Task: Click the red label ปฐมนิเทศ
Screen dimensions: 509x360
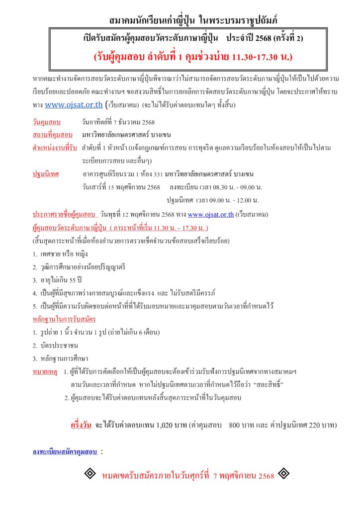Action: [x=46, y=174]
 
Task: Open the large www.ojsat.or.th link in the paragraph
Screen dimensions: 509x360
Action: [x=74, y=105]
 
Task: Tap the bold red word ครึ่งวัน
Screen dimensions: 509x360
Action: [x=81, y=425]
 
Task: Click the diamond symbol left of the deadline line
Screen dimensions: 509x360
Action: [x=90, y=474]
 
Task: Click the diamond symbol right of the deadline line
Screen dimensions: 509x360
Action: [x=284, y=474]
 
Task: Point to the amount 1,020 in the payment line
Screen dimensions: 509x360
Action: [x=167, y=426]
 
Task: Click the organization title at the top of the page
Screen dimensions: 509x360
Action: [x=193, y=20]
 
